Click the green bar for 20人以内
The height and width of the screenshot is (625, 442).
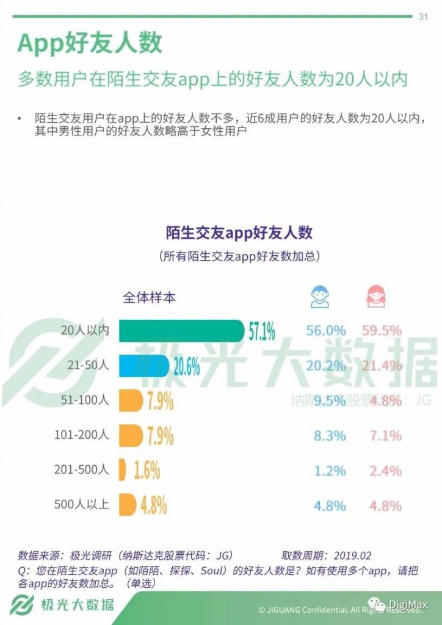pos(181,331)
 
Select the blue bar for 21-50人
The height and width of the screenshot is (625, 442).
pos(145,366)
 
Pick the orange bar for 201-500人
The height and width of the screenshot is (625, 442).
pos(122,471)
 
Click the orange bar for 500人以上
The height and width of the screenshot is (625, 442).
pos(127,505)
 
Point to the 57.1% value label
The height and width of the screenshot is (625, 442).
pos(262,331)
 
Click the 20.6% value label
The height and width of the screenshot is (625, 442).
pos(187,366)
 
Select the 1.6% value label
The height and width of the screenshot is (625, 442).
pos(147,471)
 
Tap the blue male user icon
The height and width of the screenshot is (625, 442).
pos(319,297)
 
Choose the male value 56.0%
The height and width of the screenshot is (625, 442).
pos(326,331)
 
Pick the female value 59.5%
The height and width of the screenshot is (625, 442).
pos(382,331)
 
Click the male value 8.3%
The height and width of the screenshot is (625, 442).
pos(330,436)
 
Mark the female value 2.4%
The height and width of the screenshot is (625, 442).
pos(385,471)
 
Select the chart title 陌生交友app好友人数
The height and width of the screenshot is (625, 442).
pos(239,233)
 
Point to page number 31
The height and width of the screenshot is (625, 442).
pos(422,16)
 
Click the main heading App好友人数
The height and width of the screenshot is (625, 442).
pos(89,44)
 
